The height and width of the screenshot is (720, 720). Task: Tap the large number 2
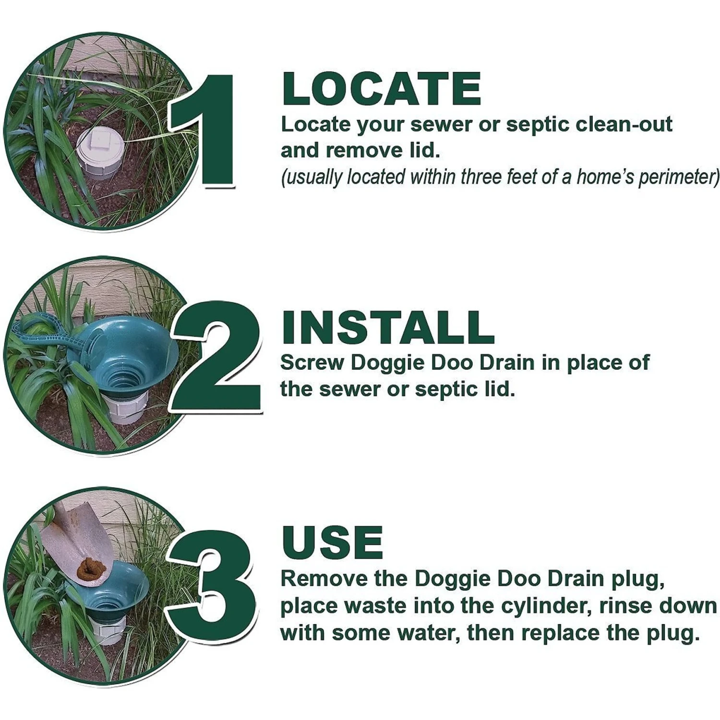tap(218, 358)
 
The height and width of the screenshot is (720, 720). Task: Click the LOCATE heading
tap(381, 89)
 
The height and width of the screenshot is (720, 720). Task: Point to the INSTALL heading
tap(387, 327)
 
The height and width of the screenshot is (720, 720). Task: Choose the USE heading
tap(332, 543)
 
